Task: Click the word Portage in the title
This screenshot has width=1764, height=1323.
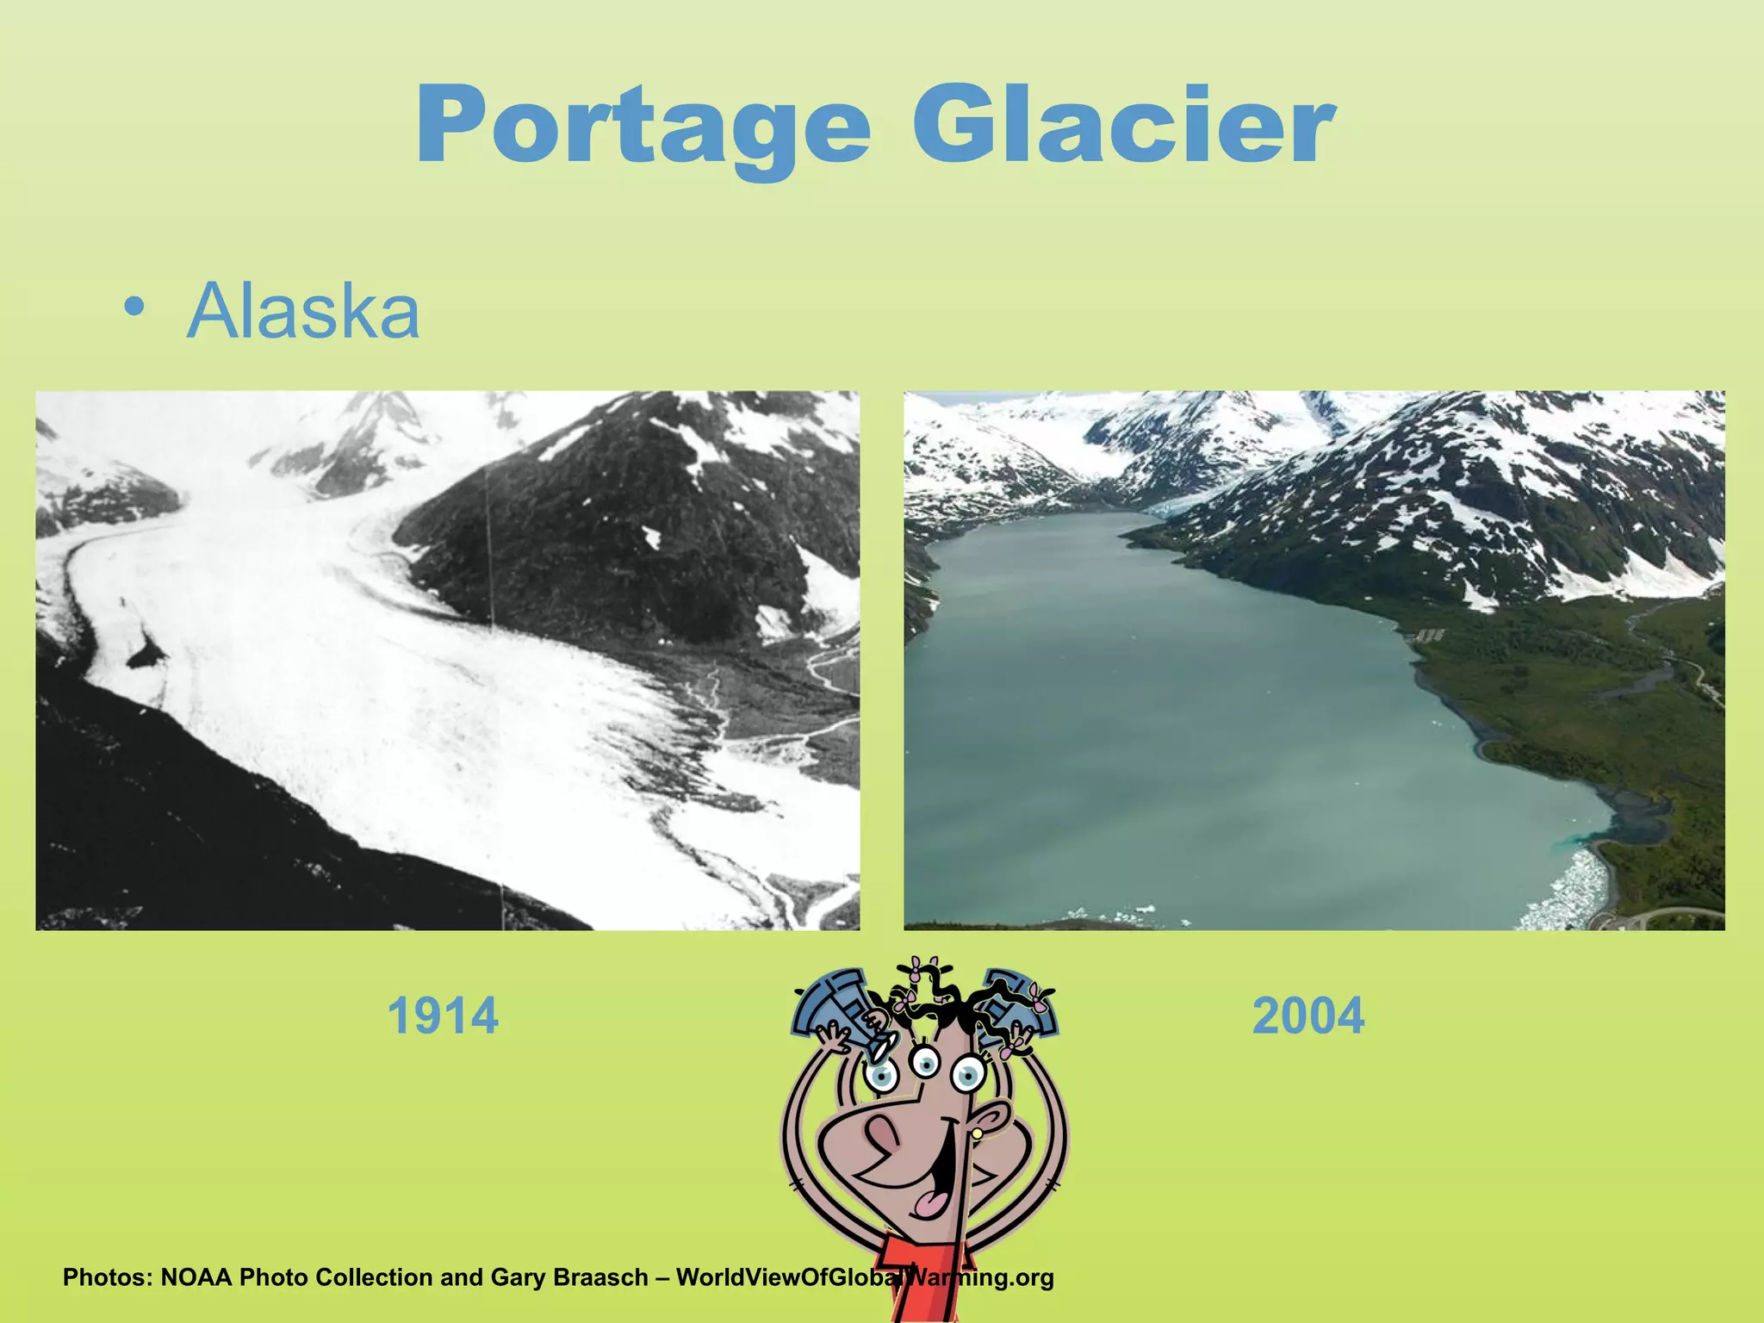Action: [642, 127]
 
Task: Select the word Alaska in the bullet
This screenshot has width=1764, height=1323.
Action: [303, 311]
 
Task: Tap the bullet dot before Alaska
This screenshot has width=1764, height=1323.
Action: [134, 307]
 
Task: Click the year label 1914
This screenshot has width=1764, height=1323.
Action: [443, 1016]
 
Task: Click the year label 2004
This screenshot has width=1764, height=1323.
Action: [1307, 1016]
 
